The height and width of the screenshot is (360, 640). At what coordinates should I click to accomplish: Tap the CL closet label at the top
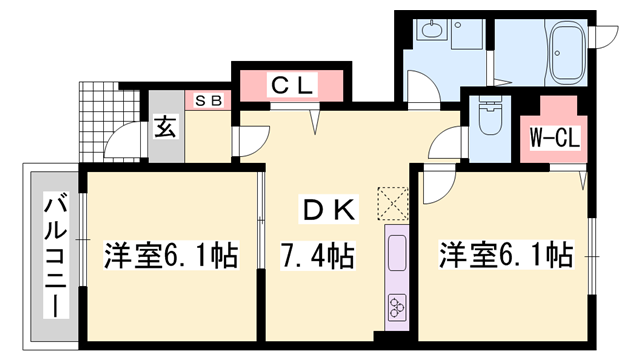coord(293,86)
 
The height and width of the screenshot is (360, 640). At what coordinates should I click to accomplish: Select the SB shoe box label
coord(209,100)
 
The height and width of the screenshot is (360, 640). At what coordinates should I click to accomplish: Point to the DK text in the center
coord(323,210)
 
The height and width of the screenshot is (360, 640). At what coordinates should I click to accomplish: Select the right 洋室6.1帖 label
coord(505,256)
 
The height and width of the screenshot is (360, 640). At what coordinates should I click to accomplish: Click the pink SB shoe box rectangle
coord(209,100)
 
